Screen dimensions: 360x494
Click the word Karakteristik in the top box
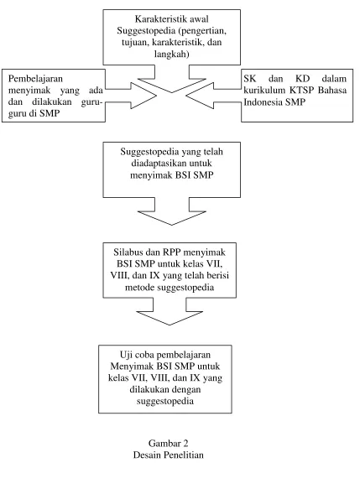pos(154,19)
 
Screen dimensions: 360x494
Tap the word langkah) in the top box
pos(171,55)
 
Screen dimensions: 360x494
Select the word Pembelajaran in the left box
pos(35,79)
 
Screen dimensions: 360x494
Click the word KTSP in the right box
pos(301,91)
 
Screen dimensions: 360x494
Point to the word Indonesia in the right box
pos(263,102)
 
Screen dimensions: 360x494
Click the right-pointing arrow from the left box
pos(131,96)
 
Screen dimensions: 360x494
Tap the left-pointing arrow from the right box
pos(214,96)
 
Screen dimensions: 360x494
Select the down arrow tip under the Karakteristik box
pos(172,92)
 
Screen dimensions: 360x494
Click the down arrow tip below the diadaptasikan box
pos(172,225)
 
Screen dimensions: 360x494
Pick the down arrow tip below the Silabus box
pos(170,325)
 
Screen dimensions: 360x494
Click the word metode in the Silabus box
pos(139,288)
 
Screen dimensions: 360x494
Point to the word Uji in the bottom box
pos(125,355)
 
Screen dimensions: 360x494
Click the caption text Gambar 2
pos(169,444)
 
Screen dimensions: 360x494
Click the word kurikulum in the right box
pos(264,91)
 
